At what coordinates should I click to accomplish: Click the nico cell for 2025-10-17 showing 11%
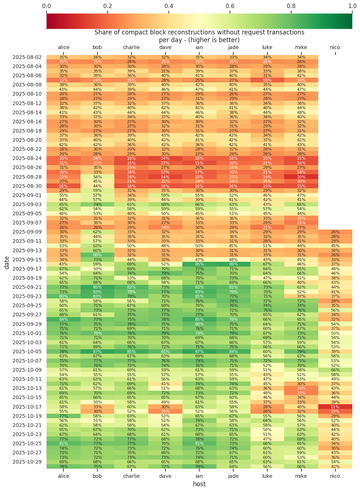pos(335,406)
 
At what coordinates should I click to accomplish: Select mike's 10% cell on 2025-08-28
pos(301,176)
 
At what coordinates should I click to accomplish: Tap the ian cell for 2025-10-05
pos(199,351)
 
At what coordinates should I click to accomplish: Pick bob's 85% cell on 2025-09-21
pos(97,287)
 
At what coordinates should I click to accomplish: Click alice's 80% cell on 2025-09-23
pos(63,296)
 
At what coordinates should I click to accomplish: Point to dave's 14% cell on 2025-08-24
pos(165,158)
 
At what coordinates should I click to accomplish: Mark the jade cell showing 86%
pos(233,264)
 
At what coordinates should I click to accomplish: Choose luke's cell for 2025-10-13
pos(267,388)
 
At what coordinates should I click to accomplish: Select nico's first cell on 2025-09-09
pos(335,232)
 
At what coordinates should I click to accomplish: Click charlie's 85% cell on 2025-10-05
pos(131,351)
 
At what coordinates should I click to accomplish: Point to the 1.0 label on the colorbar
pos(352,6)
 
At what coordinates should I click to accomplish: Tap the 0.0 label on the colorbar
pos(47,6)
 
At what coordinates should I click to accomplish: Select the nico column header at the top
pos(335,47)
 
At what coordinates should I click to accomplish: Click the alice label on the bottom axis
pos(63,476)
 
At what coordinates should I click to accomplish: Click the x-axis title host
pos(199,484)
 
